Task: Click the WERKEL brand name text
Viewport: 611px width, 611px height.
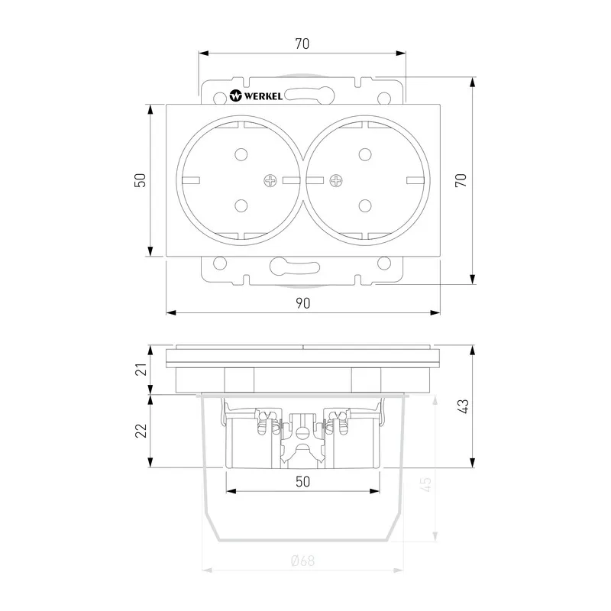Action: [x=263, y=96]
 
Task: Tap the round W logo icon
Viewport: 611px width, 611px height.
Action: [x=236, y=95]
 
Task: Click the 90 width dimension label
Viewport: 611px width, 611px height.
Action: [x=302, y=303]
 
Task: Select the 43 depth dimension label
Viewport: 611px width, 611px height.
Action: [x=464, y=406]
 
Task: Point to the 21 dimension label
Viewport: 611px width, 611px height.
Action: [x=141, y=369]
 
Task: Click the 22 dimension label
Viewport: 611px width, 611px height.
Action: [x=141, y=431]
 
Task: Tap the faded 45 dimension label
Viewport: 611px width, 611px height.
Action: [x=426, y=484]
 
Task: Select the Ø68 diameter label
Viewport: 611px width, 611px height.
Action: [x=302, y=561]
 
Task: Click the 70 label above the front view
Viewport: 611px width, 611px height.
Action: [x=302, y=44]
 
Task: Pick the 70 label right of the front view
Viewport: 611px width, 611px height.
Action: [x=461, y=180]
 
